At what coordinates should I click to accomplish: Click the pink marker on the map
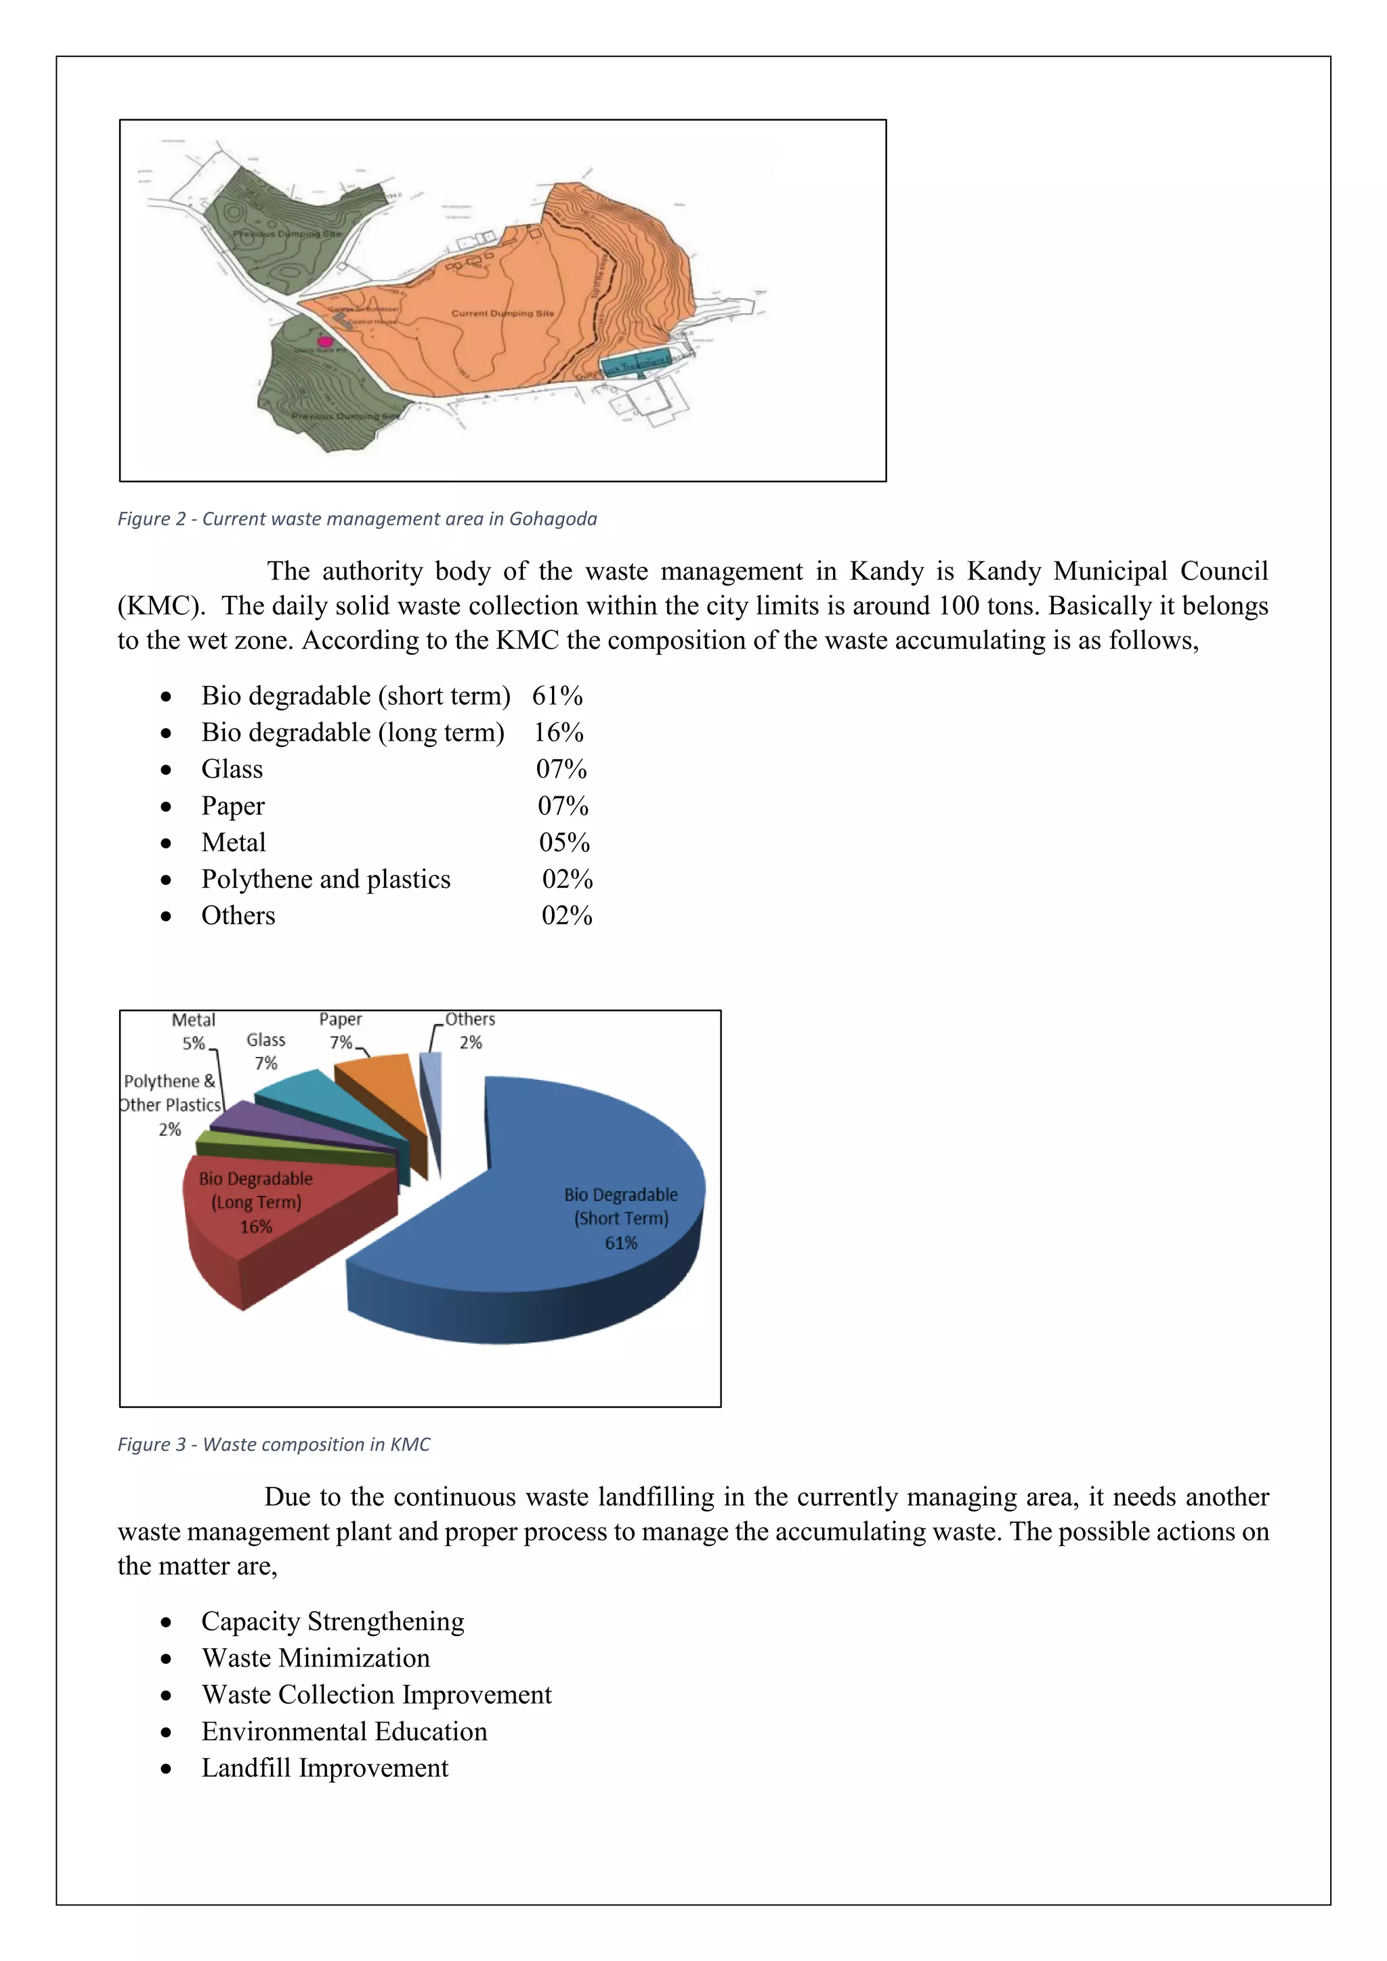pyautogui.click(x=324, y=342)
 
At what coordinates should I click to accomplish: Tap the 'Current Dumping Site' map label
pyautogui.click(x=503, y=314)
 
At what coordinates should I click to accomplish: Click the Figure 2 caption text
pyautogui.click(x=357, y=519)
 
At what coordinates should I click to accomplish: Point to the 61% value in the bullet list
pyautogui.click(x=557, y=696)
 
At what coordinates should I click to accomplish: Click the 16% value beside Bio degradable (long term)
pyautogui.click(x=559, y=733)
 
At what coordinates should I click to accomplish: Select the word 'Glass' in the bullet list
pyautogui.click(x=232, y=769)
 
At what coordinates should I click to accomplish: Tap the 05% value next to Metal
pyautogui.click(x=563, y=843)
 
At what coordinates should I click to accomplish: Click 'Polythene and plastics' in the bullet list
pyautogui.click(x=325, y=880)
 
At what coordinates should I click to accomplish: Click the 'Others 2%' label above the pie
pyautogui.click(x=470, y=1030)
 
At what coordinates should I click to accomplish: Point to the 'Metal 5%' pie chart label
pyautogui.click(x=194, y=1031)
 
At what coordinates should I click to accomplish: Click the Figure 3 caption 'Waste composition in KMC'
pyautogui.click(x=274, y=1444)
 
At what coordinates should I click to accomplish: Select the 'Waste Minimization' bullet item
pyautogui.click(x=315, y=1658)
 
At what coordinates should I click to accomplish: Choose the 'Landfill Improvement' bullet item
pyautogui.click(x=324, y=1769)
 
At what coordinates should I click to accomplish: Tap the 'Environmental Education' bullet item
pyautogui.click(x=344, y=1732)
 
